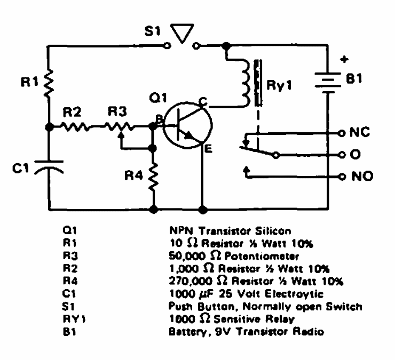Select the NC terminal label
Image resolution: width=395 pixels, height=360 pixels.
point(358,132)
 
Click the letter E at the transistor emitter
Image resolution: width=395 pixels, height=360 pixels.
point(208,149)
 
